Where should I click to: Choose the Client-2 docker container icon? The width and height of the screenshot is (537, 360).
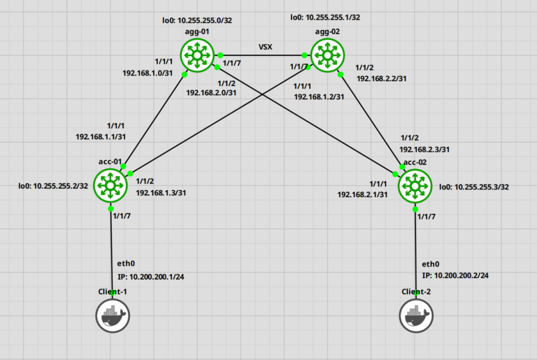tap(417, 317)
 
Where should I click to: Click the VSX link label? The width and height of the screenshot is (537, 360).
tap(266, 48)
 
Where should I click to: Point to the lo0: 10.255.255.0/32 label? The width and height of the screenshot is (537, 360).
tap(198, 20)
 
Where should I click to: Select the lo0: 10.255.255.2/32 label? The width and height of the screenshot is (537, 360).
tap(53, 187)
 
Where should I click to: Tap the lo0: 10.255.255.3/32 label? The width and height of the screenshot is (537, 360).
tap(474, 187)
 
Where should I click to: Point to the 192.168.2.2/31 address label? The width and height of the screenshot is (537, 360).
tap(385, 79)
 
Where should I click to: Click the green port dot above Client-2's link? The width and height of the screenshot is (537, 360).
tap(417, 209)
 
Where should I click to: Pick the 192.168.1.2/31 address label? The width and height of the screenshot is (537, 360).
tap(320, 97)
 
